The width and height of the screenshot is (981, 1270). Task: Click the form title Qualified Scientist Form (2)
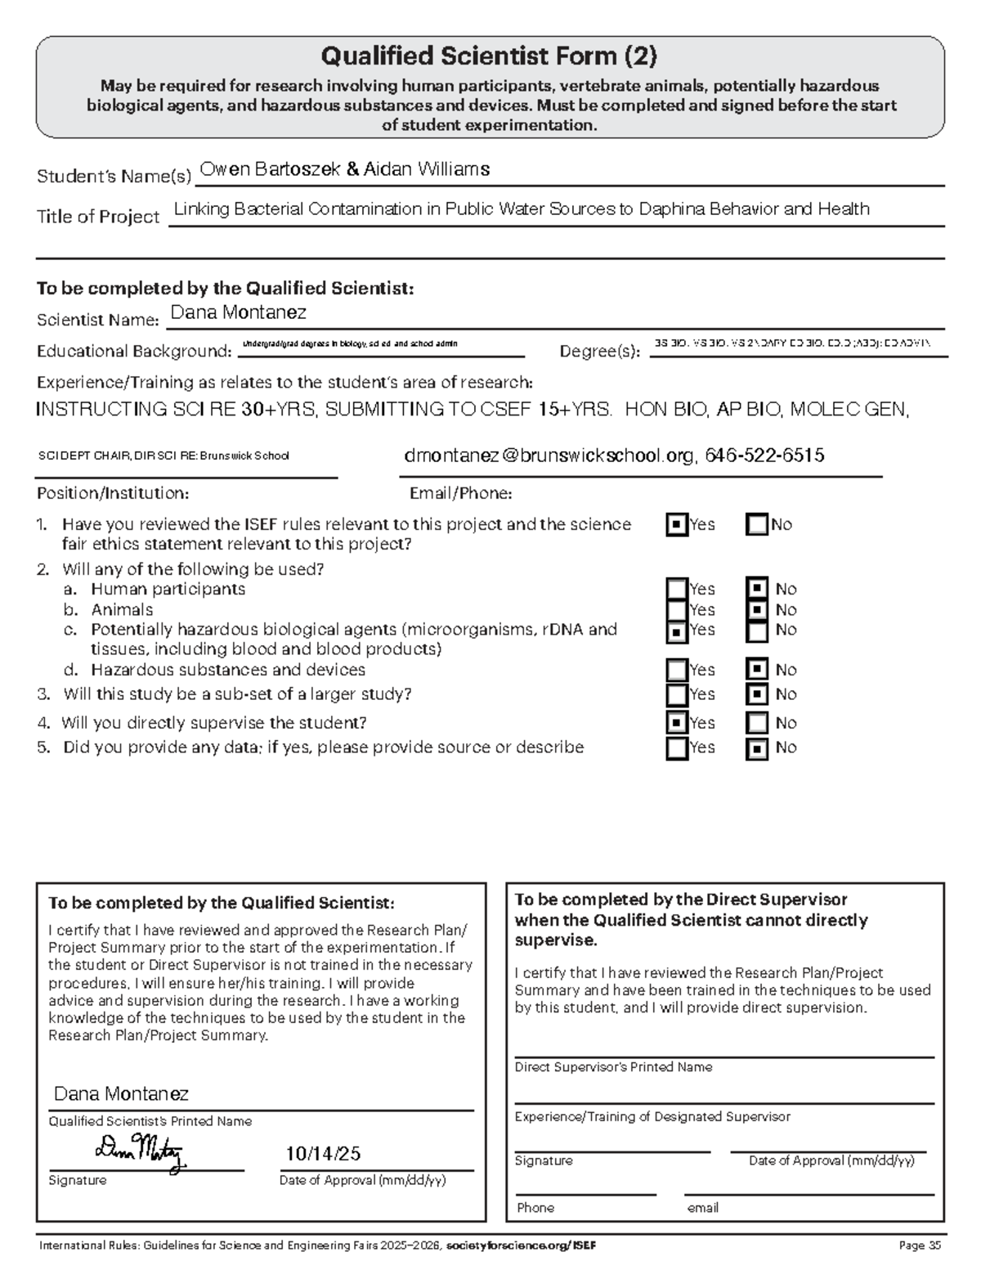[489, 56]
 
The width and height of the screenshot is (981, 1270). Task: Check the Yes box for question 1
[677, 525]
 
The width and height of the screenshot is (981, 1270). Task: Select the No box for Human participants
[758, 589]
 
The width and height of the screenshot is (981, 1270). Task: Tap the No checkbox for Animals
[758, 610]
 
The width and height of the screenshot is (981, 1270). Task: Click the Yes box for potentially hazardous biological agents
[677, 631]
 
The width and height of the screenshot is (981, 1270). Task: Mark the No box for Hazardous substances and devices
[758, 670]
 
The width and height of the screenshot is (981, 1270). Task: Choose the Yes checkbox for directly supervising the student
[677, 723]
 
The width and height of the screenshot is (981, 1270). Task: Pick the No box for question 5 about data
[758, 748]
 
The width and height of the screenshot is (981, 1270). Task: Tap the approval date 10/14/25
[323, 1154]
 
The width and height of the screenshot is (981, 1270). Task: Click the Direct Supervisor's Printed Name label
[613, 1067]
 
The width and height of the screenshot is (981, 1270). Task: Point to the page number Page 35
[921, 1246]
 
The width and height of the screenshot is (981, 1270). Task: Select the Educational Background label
[134, 352]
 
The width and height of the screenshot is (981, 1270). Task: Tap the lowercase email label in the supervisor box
[703, 1208]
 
